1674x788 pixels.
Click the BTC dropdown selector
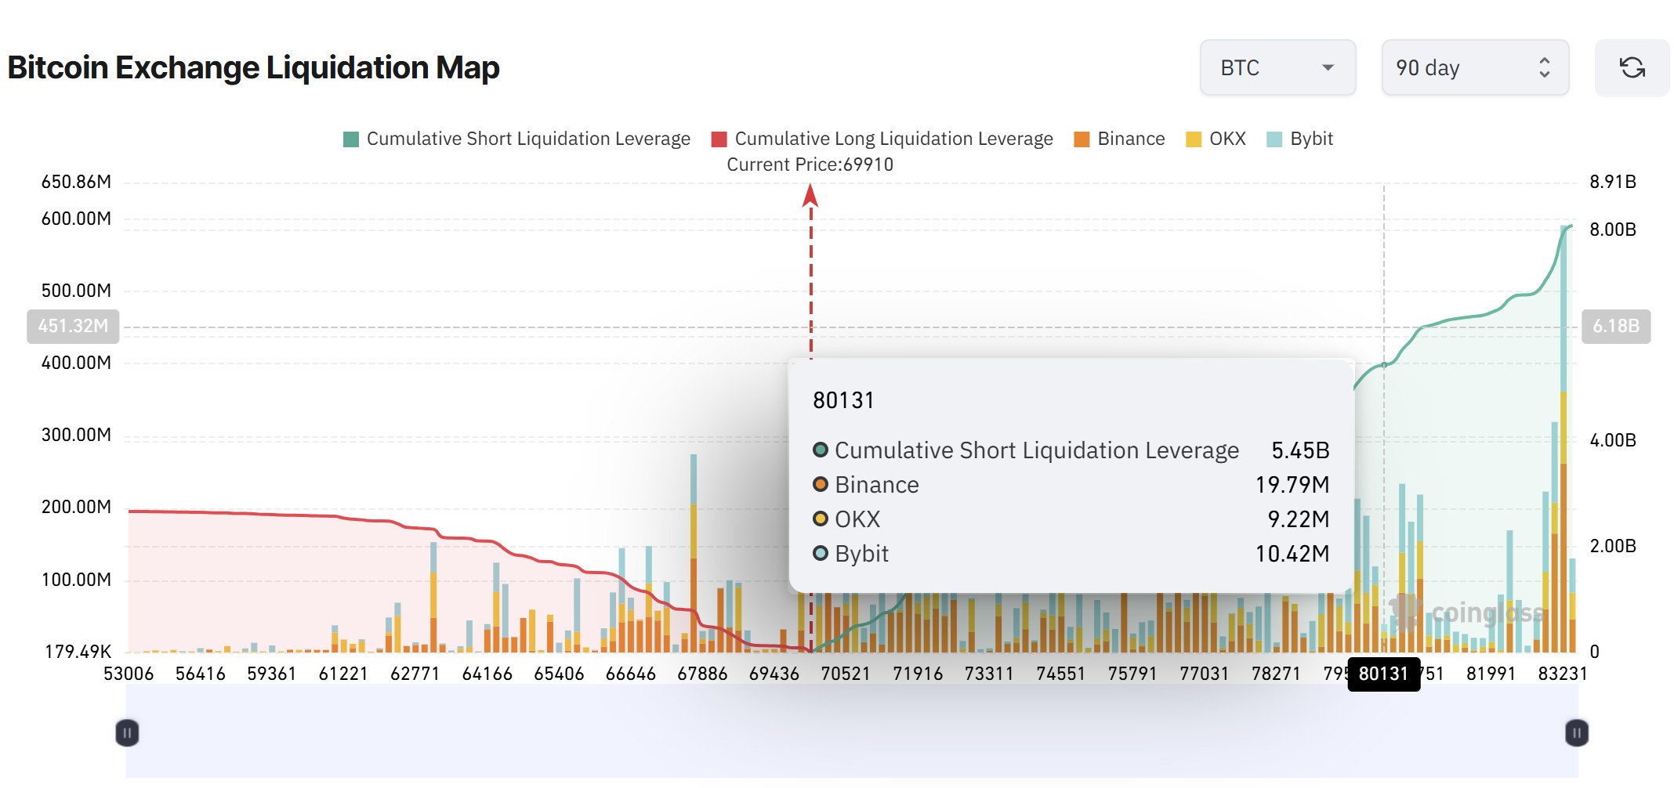(1277, 68)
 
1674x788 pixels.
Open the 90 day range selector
(1473, 68)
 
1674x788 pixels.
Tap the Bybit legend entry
(1300, 139)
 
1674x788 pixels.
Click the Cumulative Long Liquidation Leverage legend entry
(882, 139)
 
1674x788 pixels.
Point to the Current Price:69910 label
(810, 164)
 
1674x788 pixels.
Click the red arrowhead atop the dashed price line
(810, 195)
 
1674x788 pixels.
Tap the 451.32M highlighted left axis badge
(73, 326)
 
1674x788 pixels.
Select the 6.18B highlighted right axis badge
(1615, 326)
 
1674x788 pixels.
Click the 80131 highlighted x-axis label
(1383, 674)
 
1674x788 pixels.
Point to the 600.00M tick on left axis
(76, 219)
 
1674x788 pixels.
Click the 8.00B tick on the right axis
(1612, 230)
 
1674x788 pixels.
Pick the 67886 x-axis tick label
(702, 674)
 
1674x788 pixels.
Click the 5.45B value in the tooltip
(1299, 450)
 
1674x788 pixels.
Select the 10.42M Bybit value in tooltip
(1292, 554)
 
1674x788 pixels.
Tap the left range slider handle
(127, 733)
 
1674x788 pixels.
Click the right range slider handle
(1576, 733)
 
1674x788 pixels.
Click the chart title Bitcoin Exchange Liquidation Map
(253, 67)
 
